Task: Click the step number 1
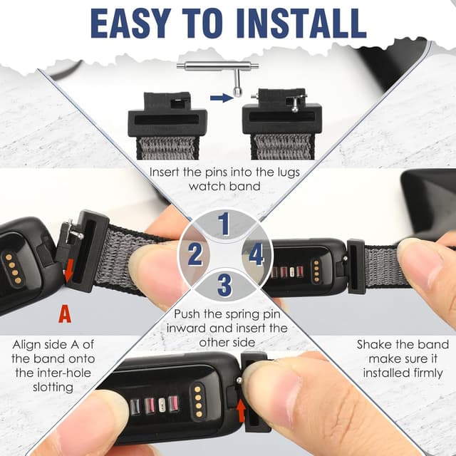(224, 224)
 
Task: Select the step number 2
(195, 254)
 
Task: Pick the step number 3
(224, 285)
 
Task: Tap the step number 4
(256, 254)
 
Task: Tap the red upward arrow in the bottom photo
(243, 410)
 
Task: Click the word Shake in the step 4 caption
(375, 345)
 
